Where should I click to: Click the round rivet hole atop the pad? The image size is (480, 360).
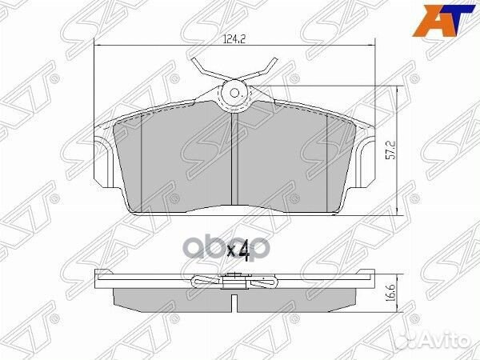[x=235, y=94]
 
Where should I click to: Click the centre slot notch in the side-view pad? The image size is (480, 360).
[x=235, y=304]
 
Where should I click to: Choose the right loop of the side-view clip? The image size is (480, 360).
[x=267, y=281]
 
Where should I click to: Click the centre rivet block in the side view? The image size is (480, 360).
[x=235, y=278]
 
